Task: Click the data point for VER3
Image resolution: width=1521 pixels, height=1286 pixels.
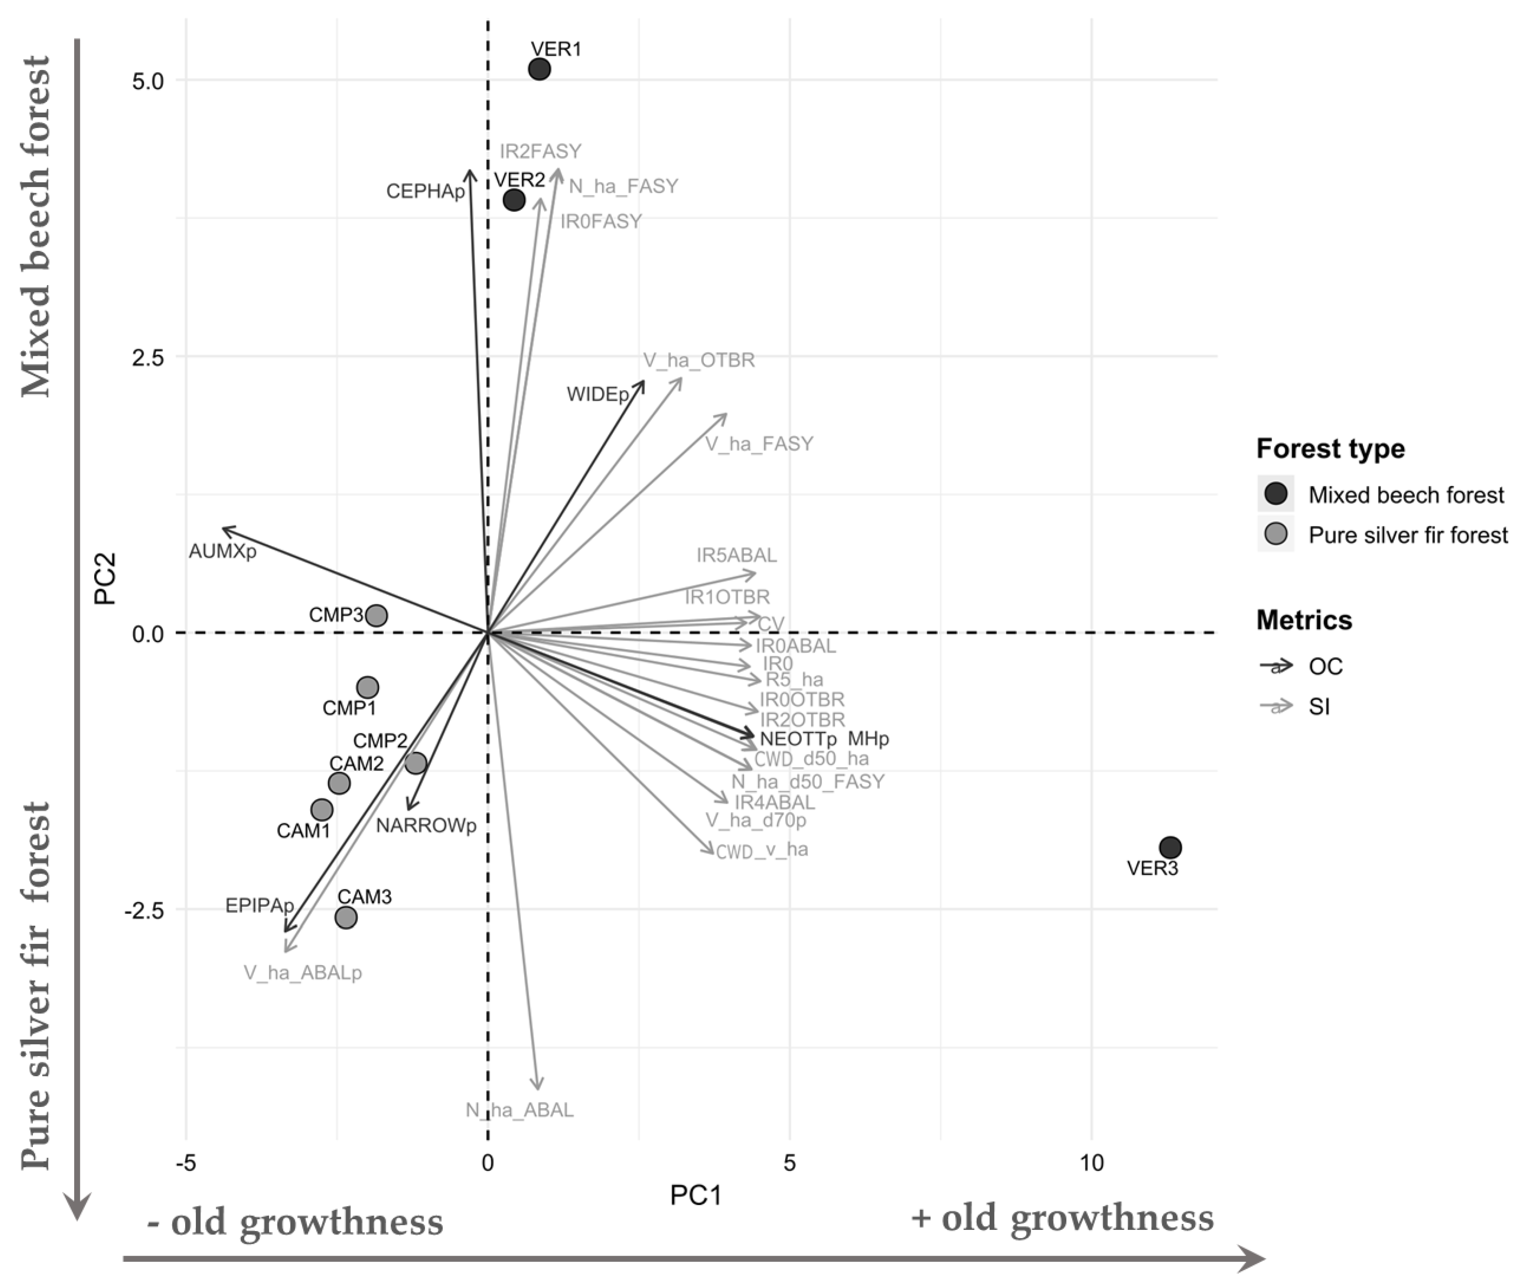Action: coord(1170,847)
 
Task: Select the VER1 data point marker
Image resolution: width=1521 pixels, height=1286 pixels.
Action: coord(539,69)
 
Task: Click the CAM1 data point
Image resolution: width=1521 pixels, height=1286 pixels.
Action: coord(322,809)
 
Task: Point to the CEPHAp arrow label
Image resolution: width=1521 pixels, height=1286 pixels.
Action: coord(425,192)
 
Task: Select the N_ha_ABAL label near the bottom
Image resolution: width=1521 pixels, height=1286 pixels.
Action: coord(520,1110)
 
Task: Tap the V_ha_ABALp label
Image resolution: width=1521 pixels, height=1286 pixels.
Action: coord(302,972)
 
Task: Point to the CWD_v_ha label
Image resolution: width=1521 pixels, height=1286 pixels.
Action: coord(762,850)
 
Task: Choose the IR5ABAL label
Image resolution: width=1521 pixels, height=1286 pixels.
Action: coord(736,556)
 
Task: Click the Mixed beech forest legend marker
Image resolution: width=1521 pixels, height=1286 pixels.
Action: coord(1275,494)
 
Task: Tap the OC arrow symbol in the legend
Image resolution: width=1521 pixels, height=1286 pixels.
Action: coord(1275,666)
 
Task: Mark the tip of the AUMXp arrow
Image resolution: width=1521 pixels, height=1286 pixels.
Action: coord(223,527)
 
